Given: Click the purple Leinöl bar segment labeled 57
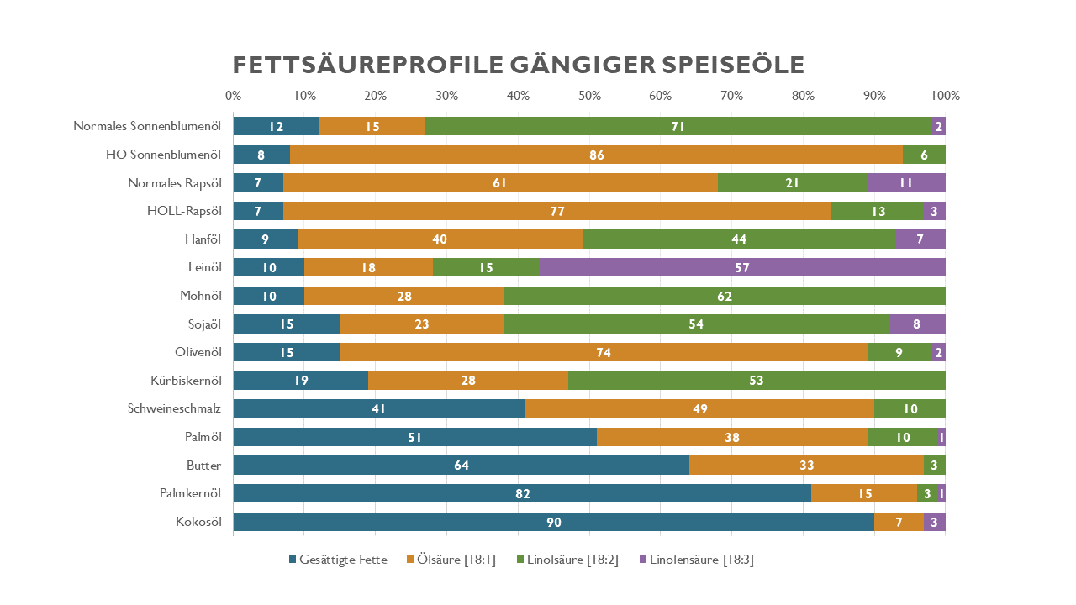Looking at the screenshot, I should click(x=742, y=267).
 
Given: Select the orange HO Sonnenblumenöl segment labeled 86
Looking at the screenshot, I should click(x=596, y=155).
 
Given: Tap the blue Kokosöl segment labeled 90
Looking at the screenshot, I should click(x=553, y=522).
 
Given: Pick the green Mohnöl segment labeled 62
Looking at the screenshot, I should click(x=724, y=296).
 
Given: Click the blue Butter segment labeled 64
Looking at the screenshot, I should click(x=461, y=466).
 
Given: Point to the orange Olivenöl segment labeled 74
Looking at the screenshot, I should click(x=603, y=352).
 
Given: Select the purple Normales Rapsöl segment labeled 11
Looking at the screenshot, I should click(x=906, y=182).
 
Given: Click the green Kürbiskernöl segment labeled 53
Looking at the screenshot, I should click(x=757, y=381).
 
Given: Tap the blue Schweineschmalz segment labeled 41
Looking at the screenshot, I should click(x=379, y=409).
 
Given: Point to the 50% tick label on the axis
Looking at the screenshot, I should click(x=589, y=95).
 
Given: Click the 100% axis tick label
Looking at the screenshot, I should click(x=944, y=95).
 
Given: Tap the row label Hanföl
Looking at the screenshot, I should click(x=203, y=239).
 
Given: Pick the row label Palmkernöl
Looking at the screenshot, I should click(x=190, y=493).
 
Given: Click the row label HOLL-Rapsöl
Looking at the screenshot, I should click(x=184, y=211).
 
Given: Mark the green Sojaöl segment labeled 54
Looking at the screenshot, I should click(x=695, y=324).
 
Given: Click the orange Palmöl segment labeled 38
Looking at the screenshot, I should click(x=731, y=437).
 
